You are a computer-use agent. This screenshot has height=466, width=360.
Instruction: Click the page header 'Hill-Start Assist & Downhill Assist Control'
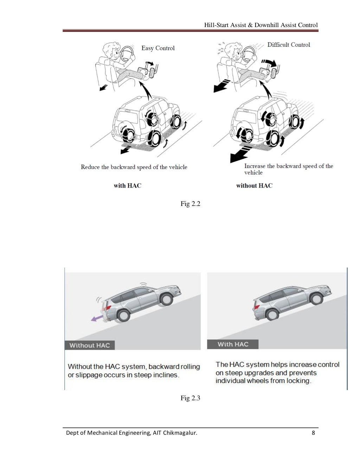click(x=261, y=25)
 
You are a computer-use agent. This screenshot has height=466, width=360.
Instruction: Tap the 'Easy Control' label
click(x=158, y=48)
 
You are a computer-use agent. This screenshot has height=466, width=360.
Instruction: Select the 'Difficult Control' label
click(x=289, y=45)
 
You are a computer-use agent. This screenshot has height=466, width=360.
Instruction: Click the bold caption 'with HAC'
click(x=127, y=186)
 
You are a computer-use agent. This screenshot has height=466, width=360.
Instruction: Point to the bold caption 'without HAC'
click(x=254, y=186)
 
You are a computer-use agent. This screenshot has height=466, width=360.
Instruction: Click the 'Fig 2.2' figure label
click(x=190, y=204)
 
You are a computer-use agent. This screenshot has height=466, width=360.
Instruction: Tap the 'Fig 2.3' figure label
click(x=190, y=398)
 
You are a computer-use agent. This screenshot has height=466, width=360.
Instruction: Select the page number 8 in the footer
click(x=313, y=433)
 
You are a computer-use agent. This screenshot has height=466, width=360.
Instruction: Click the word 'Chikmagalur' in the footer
click(x=180, y=433)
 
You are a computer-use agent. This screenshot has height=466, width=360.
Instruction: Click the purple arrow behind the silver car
click(x=97, y=318)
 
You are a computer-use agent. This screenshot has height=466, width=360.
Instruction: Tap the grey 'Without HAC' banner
click(x=90, y=345)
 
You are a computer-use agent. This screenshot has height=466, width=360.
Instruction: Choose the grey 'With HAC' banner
click(x=233, y=344)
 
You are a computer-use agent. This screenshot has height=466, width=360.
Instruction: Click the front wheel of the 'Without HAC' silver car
click(x=166, y=299)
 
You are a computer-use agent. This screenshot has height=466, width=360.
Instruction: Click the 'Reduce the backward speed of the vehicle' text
click(x=134, y=167)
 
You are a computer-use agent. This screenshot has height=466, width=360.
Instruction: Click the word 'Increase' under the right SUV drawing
click(x=255, y=166)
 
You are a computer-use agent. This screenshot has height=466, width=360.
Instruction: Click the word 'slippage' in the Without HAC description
click(x=88, y=375)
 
